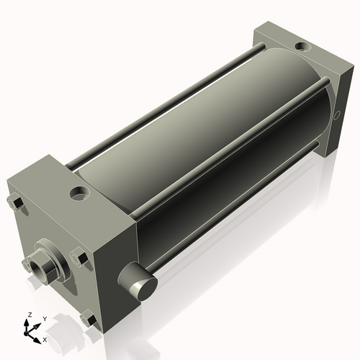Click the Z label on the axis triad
[29, 315]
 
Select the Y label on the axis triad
[44, 318]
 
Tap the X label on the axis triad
[45, 338]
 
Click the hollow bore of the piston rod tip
[32, 271]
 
